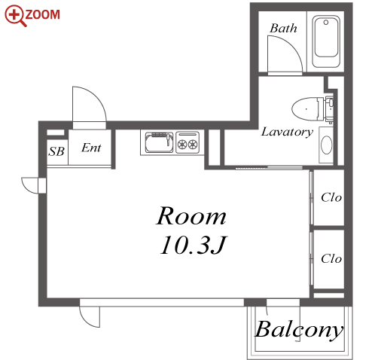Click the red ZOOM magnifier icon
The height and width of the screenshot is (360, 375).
(15, 16)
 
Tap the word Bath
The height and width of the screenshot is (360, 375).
(283, 28)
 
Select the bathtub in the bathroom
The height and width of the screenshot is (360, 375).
(326, 41)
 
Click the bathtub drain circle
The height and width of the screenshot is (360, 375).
(326, 23)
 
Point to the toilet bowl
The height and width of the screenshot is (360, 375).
(304, 109)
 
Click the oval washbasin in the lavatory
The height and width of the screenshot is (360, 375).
(326, 145)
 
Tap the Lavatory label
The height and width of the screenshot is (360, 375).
(287, 132)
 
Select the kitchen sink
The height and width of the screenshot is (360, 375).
(159, 142)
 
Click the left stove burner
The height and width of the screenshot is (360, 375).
(181, 144)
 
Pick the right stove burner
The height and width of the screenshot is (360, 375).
(193, 144)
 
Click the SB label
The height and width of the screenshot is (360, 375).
(56, 151)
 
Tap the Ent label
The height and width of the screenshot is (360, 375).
(91, 148)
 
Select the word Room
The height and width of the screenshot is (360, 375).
(191, 215)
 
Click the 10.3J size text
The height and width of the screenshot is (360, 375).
(194, 246)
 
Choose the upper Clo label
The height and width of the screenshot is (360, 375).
(331, 197)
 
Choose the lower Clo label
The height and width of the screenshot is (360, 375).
(331, 258)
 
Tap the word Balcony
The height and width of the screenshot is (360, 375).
(299, 330)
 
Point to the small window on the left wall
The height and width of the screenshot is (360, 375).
(42, 186)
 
